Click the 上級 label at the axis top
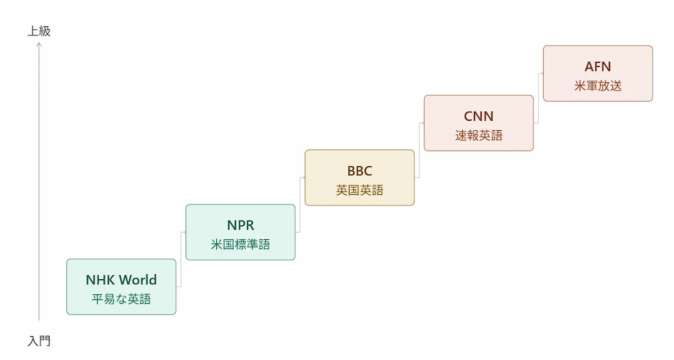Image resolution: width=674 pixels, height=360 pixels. (x=39, y=31)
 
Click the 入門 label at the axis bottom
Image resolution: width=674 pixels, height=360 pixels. (x=39, y=341)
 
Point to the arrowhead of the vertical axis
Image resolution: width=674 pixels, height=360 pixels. (x=39, y=44)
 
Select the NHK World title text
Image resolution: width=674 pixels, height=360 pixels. (x=121, y=280)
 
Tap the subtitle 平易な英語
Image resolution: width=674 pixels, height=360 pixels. (x=121, y=299)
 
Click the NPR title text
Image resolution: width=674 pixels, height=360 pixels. (x=240, y=225)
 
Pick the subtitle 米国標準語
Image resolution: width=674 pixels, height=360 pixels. (x=240, y=244)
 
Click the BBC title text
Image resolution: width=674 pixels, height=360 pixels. (x=359, y=171)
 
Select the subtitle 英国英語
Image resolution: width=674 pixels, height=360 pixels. (x=359, y=190)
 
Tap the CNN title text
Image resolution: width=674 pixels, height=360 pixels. (x=479, y=116)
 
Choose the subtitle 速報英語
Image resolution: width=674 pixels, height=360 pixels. (x=479, y=135)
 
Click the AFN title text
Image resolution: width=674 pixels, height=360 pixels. (x=598, y=66)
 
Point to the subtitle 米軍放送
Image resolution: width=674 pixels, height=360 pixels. (x=598, y=86)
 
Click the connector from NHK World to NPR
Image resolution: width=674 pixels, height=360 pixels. (x=181, y=259)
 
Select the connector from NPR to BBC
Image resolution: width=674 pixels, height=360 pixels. (x=300, y=205)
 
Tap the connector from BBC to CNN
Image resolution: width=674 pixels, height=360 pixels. (x=419, y=150)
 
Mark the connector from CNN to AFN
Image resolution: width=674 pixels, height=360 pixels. (x=538, y=98)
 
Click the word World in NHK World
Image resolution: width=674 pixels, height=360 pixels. (x=139, y=280)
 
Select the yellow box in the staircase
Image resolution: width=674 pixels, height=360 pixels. (x=359, y=177)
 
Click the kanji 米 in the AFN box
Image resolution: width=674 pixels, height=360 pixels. (x=580, y=86)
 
